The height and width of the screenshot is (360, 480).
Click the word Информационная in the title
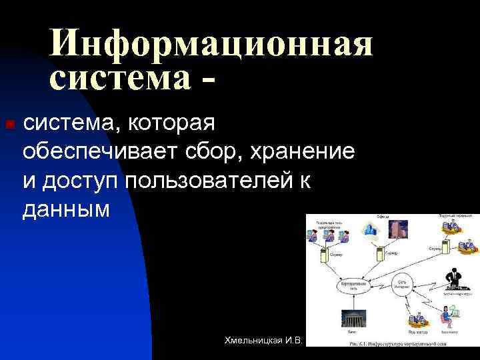tap(211, 45)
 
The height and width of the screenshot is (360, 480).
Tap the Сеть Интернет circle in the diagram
tap(403, 283)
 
